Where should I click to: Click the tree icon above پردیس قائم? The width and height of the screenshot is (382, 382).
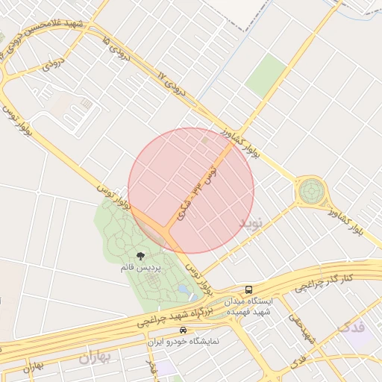point(141,256)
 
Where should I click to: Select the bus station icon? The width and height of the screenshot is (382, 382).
point(248,289)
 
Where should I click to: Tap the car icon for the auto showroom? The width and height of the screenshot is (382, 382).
point(184,330)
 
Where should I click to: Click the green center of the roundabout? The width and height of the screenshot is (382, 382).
point(310,191)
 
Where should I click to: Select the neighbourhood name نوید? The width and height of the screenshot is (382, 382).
point(251,223)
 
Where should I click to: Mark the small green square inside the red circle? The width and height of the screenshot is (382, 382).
point(204,139)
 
